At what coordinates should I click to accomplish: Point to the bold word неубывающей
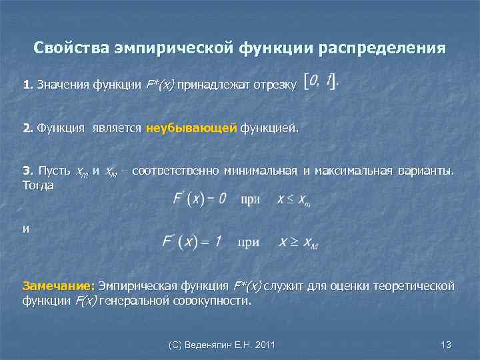(x=191, y=128)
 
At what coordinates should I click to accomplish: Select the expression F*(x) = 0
(x=199, y=199)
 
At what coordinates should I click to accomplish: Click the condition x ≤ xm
(x=294, y=200)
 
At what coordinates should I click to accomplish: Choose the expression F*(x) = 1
(x=192, y=242)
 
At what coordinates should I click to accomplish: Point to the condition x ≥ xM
(x=298, y=243)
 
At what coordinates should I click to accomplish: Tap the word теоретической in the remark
(x=415, y=286)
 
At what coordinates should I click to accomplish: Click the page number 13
(x=447, y=344)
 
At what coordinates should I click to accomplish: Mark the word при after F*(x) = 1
(x=248, y=243)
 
